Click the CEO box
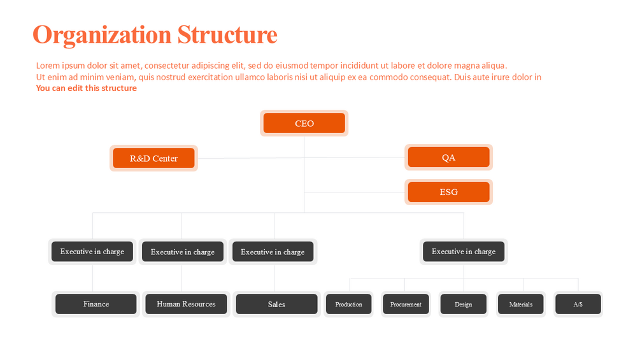coord(304,123)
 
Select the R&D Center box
coord(153,159)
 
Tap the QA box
coord(448,157)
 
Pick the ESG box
coord(448,192)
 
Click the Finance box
coord(96,304)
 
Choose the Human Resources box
coord(186,304)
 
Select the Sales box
coord(276,304)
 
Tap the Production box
coord(348,304)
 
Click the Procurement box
coord(406,304)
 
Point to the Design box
coord(463,304)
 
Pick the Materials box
coord(521,304)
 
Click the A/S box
coord(578,304)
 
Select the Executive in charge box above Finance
coord(92,252)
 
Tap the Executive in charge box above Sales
coord(273,252)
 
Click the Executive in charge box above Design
coord(464,252)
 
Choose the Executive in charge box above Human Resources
coord(183,252)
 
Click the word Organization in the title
coord(102,35)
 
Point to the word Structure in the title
coord(227,34)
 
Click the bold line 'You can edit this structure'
coord(86,88)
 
